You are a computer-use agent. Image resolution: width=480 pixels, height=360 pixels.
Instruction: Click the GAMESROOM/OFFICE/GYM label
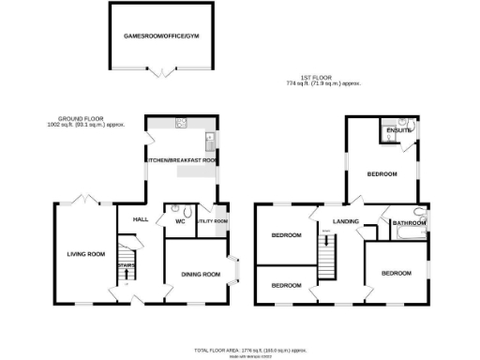pyautogui.click(x=162, y=37)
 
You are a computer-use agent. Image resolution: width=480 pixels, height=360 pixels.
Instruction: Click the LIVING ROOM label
pyautogui.click(x=84, y=254)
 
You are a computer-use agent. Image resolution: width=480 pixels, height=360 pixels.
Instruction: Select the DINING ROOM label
pyautogui.click(x=200, y=274)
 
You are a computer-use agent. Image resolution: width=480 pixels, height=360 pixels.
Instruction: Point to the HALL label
pyautogui.click(x=141, y=219)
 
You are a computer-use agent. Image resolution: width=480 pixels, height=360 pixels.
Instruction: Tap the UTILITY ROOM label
pyautogui.click(x=212, y=221)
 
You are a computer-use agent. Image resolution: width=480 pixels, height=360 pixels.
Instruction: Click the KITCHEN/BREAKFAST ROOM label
pyautogui.click(x=180, y=161)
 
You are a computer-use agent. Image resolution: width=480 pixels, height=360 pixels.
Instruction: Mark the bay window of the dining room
pyautogui.click(x=236, y=273)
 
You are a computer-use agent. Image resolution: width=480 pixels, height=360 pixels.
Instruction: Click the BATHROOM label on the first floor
pyautogui.click(x=409, y=223)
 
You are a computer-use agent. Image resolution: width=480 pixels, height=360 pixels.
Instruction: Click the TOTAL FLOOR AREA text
pyautogui.click(x=250, y=349)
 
